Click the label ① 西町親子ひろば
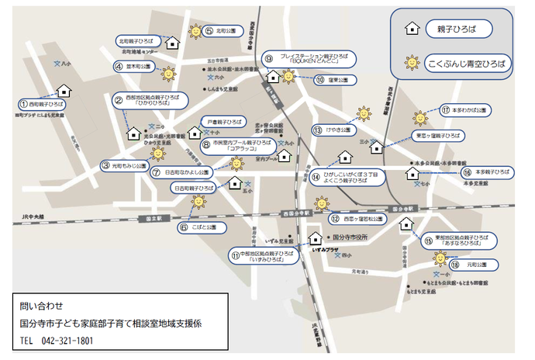click(43, 103)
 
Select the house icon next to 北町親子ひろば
click(173, 41)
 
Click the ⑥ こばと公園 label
click(201, 227)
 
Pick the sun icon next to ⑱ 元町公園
click(440, 259)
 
